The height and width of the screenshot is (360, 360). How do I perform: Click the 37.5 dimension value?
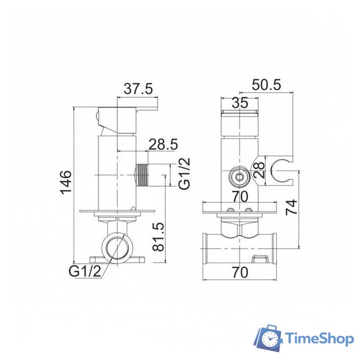point(138,89)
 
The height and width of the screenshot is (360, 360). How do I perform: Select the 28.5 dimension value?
point(163,145)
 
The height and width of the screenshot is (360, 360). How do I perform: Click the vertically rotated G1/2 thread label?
point(184,174)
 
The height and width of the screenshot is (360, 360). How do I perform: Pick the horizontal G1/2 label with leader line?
point(85,271)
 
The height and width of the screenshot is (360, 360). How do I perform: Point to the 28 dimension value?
point(259,169)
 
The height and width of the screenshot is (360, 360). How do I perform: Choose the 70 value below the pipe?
point(240,272)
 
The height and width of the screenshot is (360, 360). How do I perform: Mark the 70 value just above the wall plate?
point(240,197)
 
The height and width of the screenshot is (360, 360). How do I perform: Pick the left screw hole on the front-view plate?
point(229,211)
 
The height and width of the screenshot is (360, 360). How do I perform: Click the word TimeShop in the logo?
point(318,338)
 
